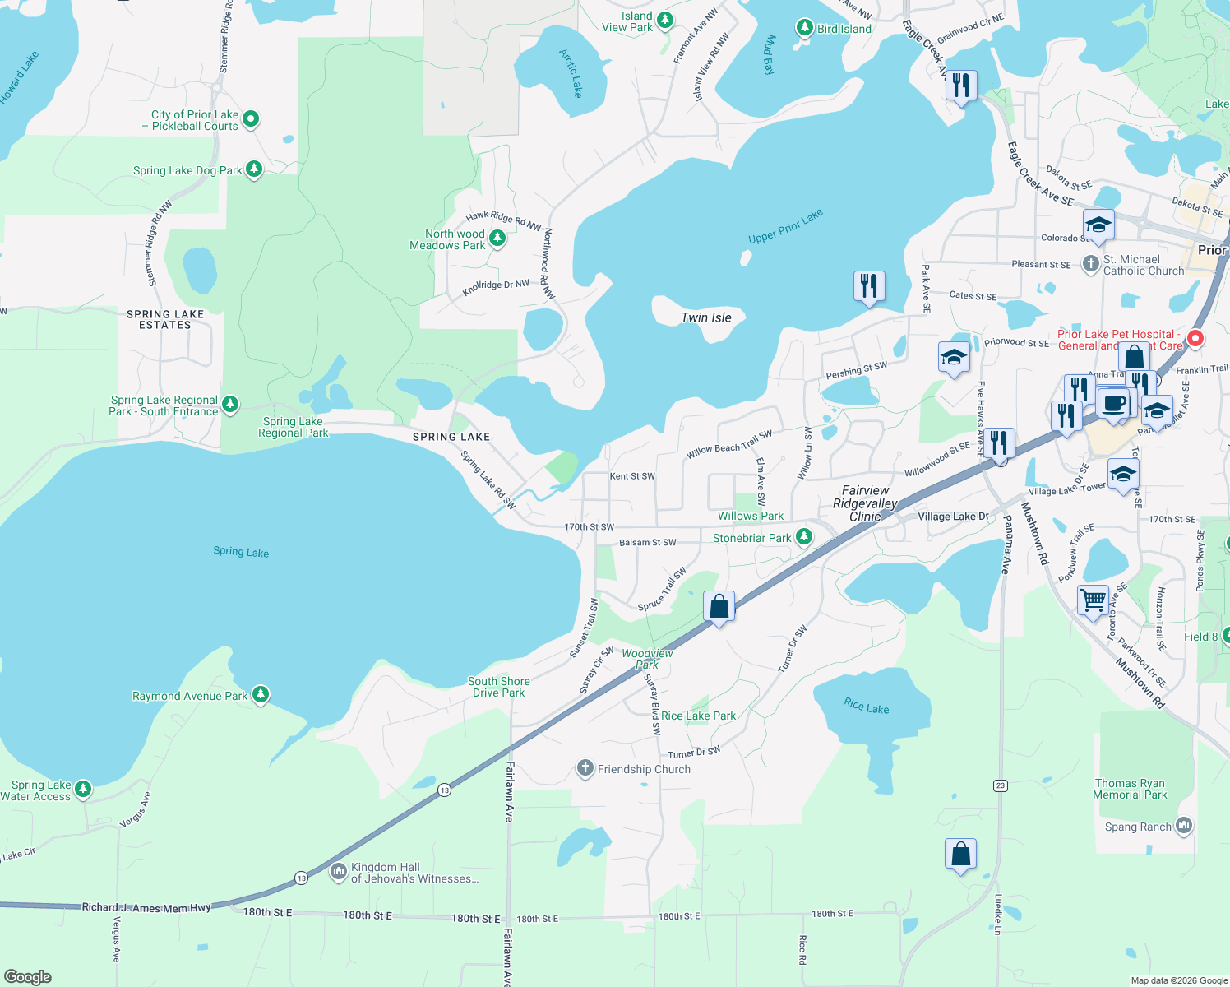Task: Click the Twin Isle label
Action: coord(705,317)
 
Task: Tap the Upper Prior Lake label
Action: coord(785,227)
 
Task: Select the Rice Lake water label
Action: coord(866,706)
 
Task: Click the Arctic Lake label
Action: coord(571,73)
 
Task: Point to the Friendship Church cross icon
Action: coord(585,769)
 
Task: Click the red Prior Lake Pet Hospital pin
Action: coord(1195,338)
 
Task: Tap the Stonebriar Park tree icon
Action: coord(804,538)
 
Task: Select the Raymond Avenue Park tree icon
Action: coord(261,695)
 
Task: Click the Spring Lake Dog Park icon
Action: coord(254,169)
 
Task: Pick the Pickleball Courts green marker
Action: coord(251,119)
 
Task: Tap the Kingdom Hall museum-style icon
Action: coord(338,872)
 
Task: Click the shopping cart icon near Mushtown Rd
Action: coord(1093,600)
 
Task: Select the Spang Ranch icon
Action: coord(1184,825)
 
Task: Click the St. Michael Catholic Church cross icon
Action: coord(1090,264)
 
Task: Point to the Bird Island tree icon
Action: coord(805,28)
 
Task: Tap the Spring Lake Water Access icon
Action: coord(83,790)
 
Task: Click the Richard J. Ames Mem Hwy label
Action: coord(146,907)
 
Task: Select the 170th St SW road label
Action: coord(589,527)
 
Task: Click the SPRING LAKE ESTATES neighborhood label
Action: coord(164,319)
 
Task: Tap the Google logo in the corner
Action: coord(28,976)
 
